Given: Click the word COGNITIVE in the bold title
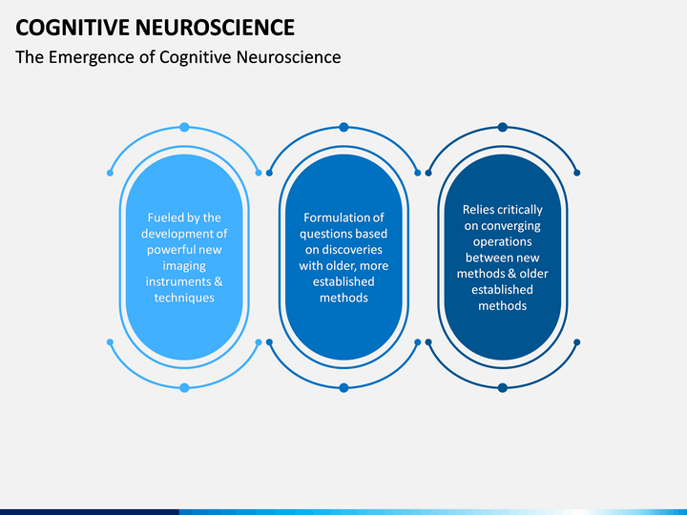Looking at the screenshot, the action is click(x=73, y=28).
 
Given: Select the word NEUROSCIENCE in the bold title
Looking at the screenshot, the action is click(x=215, y=28).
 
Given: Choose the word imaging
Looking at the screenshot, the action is click(x=184, y=266).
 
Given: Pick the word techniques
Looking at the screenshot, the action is click(x=184, y=298).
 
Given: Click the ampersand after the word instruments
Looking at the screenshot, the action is click(x=219, y=281).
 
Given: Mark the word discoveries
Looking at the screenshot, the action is click(x=350, y=250).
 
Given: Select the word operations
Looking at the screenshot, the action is click(x=502, y=242).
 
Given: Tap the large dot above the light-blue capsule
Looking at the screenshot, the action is click(x=184, y=128).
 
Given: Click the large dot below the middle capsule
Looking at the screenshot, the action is click(x=343, y=387).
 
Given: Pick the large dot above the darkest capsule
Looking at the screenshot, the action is click(x=503, y=128).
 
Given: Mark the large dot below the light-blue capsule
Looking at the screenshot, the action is click(x=184, y=387).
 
